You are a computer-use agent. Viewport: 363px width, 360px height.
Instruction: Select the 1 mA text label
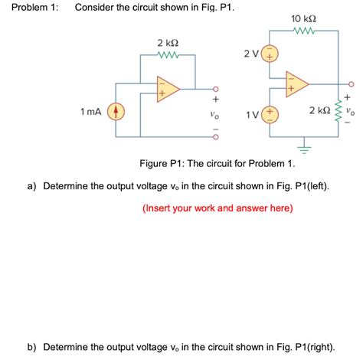point(90,113)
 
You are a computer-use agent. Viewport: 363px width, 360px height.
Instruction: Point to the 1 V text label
point(252,114)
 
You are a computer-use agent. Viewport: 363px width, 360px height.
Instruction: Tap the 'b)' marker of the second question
point(34,346)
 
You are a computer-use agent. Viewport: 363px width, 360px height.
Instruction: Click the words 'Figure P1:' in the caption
point(162,165)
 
